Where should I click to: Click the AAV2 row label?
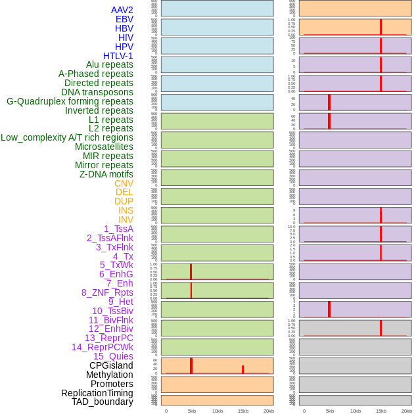pos(122,10)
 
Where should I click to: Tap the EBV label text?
pos(124,19)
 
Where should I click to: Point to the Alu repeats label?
pos(109,64)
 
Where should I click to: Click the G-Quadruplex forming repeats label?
pos(70,101)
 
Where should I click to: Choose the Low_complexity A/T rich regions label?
pos(67,137)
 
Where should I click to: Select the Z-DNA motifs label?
pos(106,174)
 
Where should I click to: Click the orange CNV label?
pos(124,183)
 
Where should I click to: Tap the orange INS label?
pos(126,210)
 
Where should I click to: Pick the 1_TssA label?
pos(118,229)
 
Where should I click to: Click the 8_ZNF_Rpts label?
pos(107,292)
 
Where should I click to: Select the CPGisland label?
pos(111,365)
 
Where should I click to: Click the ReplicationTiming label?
pos(97,393)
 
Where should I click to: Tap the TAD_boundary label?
pos(103,402)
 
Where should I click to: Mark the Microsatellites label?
pos(104,147)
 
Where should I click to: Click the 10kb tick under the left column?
pos(218,411)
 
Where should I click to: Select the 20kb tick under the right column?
pos(407,411)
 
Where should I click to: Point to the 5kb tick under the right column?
pos(330,411)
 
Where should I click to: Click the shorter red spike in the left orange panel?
pos(242,369)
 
